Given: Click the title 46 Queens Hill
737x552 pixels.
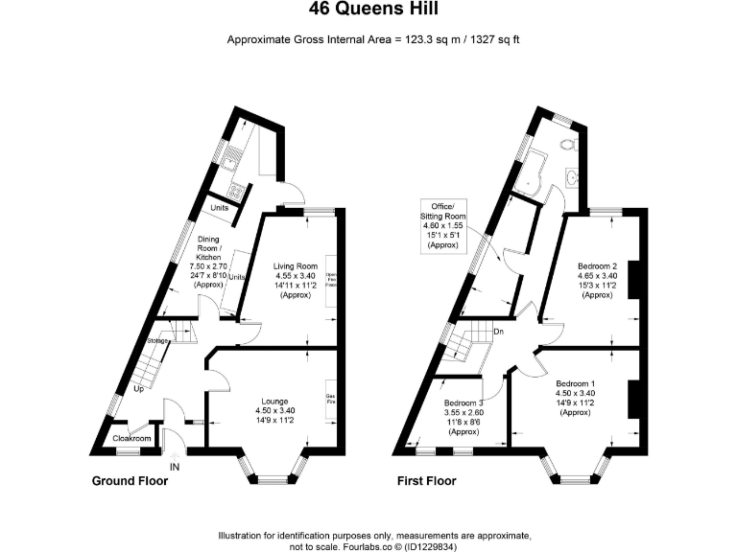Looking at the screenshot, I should [368, 11].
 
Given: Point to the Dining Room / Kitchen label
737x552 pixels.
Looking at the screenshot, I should [208, 262].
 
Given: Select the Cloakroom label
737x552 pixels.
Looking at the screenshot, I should [132, 438].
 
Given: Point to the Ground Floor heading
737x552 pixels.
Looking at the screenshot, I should [130, 481].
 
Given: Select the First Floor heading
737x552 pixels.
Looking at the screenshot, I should [427, 481].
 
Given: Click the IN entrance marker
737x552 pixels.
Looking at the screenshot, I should [175, 467].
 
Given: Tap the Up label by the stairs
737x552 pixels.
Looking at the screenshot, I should [139, 389].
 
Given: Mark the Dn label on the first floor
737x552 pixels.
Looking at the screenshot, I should [498, 333].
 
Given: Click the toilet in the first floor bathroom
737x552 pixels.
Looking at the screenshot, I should [570, 145].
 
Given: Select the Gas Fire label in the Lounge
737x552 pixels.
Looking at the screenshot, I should [330, 399].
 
